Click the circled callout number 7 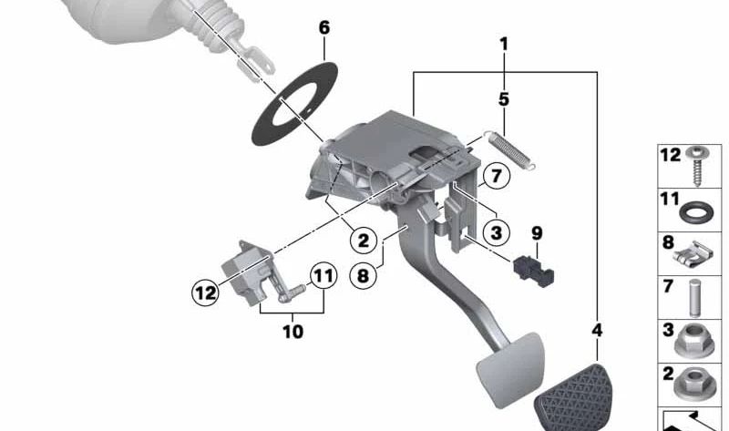(496, 176)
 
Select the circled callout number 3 (496, 232)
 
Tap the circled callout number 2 (363, 241)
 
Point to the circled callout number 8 (363, 276)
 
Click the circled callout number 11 (323, 276)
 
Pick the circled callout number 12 (206, 292)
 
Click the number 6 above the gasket (324, 28)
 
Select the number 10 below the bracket (293, 332)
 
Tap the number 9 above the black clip (537, 233)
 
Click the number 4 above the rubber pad (597, 330)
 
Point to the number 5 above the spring (504, 99)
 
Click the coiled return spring (510, 149)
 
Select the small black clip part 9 (533, 271)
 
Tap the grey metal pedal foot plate (510, 369)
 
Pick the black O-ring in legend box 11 (695, 213)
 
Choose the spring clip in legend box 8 (693, 255)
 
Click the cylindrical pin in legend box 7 (695, 298)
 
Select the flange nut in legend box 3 (694, 341)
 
